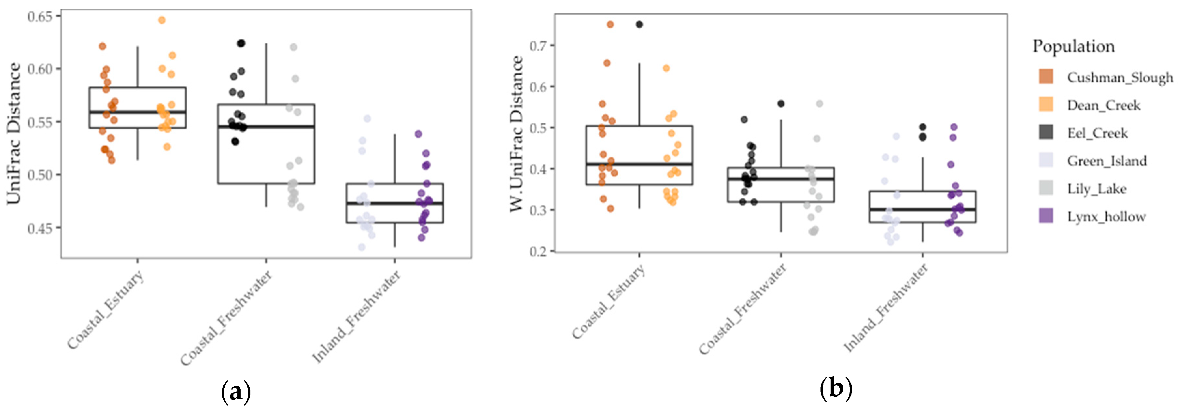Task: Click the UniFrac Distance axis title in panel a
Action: click(14, 133)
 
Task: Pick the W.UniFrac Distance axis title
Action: click(516, 133)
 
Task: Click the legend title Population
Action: click(1073, 46)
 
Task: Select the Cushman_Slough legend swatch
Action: click(1046, 77)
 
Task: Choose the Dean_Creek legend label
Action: click(1103, 105)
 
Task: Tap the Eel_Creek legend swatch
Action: click(1046, 132)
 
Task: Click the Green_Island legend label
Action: click(1107, 161)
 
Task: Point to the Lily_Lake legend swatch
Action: click(1046, 188)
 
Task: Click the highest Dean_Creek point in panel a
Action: click(162, 20)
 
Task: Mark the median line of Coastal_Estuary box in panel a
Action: click(138, 112)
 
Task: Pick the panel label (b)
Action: click(836, 389)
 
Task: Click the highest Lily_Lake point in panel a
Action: click(294, 47)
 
